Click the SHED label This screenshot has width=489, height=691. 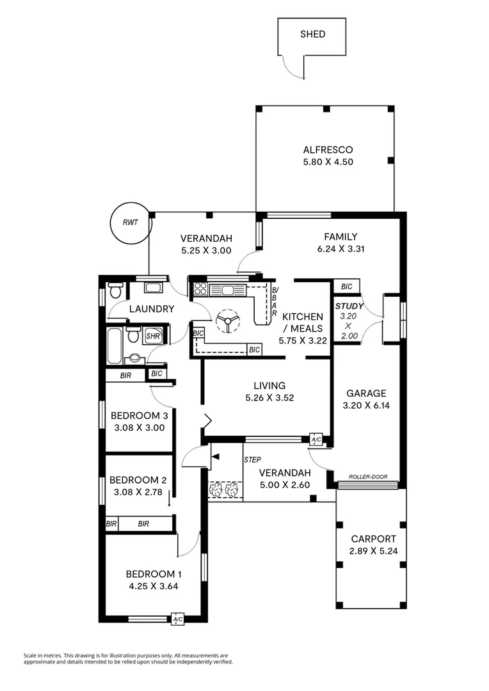tap(312, 35)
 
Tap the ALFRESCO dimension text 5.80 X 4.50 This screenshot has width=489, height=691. tap(328, 162)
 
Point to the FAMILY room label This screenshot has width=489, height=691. tap(340, 237)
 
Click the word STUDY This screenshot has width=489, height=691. tap(349, 306)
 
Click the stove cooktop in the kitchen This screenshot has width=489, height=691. tap(200, 289)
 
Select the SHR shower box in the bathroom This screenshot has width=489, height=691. tap(152, 335)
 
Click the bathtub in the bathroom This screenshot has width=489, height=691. tap(116, 345)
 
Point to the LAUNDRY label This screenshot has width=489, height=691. tap(152, 309)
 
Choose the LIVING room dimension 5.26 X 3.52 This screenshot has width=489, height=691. tap(269, 397)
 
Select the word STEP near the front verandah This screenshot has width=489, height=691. tap(252, 460)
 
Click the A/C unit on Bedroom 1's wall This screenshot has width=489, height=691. tap(178, 619)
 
